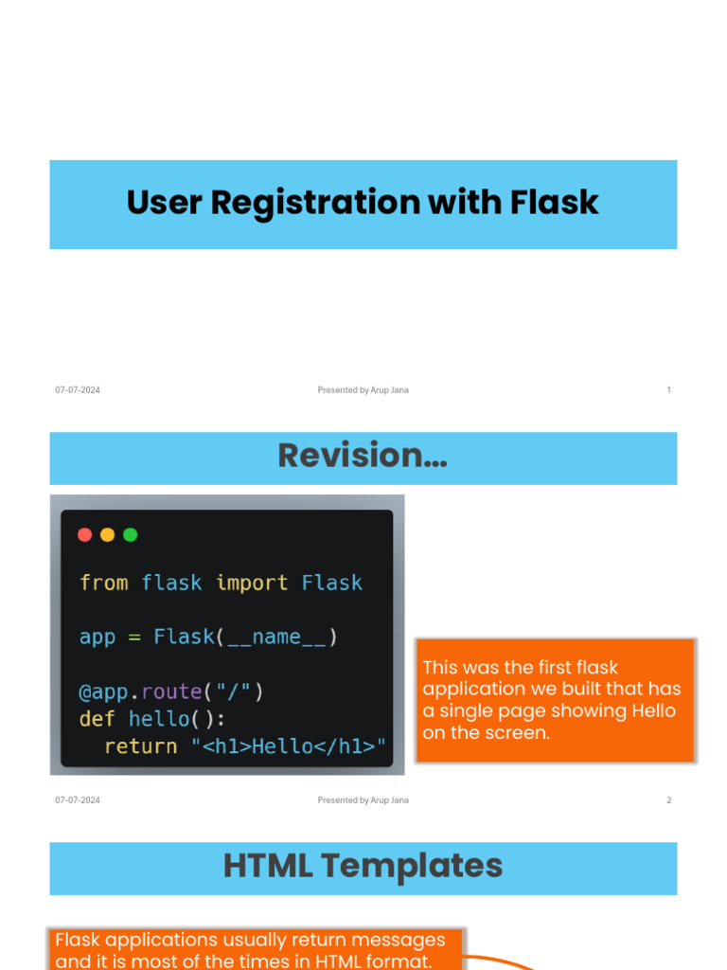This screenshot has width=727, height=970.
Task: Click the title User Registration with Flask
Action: coord(363,203)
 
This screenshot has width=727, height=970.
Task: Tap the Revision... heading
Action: coord(363,456)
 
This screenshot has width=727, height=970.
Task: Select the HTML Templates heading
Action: coord(363,866)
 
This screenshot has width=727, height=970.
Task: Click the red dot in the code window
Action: coord(84,534)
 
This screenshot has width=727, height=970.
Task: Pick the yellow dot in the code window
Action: coord(107,534)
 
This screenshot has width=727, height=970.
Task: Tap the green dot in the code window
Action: coord(131,534)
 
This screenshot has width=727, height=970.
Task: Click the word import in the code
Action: coord(252,583)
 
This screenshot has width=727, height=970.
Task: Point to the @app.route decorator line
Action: coord(170,692)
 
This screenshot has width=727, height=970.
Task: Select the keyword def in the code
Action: coord(97,719)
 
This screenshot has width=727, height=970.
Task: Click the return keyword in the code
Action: coord(140,746)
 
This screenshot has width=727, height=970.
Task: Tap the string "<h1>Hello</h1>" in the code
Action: coord(289,746)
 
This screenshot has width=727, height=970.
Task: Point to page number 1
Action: coord(668,390)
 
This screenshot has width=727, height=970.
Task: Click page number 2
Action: coord(668,800)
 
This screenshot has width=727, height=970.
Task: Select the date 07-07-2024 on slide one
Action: coord(78,390)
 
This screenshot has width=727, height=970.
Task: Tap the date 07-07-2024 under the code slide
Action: coord(78,800)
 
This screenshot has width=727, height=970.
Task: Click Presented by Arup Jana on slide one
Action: coord(363,390)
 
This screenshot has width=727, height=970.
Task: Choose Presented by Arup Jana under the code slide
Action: coord(363,800)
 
